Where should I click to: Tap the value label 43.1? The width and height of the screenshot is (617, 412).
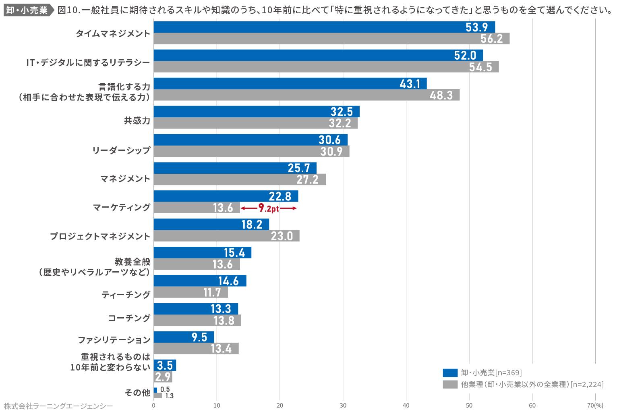point(410,83)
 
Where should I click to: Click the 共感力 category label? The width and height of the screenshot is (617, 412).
point(137,121)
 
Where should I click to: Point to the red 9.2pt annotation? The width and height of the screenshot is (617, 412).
point(269,208)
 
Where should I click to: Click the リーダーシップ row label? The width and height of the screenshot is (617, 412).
point(121,150)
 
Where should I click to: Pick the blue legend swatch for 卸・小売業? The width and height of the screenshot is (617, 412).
point(450,373)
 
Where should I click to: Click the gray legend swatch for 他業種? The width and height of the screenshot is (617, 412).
point(450,385)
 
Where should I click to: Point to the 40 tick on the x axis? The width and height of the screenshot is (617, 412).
point(406,406)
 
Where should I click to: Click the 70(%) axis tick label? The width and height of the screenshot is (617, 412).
point(595,406)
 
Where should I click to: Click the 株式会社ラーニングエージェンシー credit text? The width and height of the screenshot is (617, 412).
point(58,406)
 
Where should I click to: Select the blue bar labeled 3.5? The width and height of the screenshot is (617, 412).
point(165,365)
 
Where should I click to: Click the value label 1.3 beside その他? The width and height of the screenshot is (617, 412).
point(169,396)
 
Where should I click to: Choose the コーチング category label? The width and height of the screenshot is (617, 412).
point(129,318)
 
